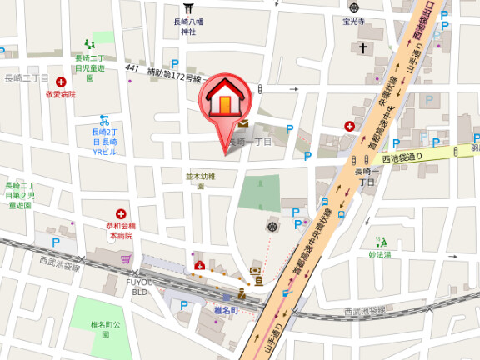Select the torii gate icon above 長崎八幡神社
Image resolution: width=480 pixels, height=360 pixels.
point(189,7)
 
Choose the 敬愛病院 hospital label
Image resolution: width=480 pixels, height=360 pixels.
point(61,95)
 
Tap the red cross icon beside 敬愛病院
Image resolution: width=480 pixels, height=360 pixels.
point(61,83)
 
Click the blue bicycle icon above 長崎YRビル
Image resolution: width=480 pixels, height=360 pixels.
point(104,119)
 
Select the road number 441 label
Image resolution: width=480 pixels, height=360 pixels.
point(132,67)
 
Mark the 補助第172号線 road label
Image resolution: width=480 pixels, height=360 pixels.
point(174,76)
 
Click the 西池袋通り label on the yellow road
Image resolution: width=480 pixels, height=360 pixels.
point(402,156)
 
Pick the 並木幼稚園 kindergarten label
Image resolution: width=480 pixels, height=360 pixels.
point(200,181)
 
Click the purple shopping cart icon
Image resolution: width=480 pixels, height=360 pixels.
point(126,260)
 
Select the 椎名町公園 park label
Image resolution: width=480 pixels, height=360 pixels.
point(106,327)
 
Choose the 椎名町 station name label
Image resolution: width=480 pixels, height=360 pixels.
point(226,310)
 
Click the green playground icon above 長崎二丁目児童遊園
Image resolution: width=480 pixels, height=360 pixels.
point(89,45)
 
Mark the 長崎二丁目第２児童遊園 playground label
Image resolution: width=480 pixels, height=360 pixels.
point(20,194)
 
